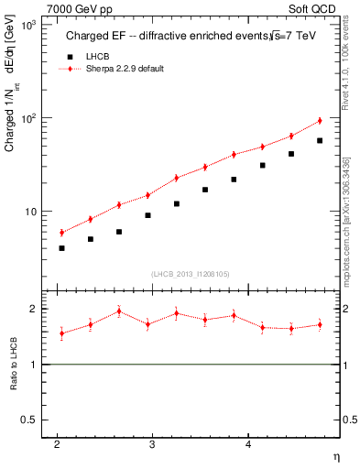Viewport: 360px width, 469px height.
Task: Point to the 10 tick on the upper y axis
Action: tap(32, 212)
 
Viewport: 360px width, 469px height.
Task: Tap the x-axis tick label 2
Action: tap(57, 444)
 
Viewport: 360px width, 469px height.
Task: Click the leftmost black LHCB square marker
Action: tap(61, 248)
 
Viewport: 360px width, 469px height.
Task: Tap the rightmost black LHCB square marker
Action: tap(320, 140)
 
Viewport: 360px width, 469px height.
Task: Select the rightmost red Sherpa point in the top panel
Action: tap(320, 120)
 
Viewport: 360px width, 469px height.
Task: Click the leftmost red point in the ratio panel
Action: tap(61, 333)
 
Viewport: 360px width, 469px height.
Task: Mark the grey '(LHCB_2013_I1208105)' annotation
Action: tap(191, 274)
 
